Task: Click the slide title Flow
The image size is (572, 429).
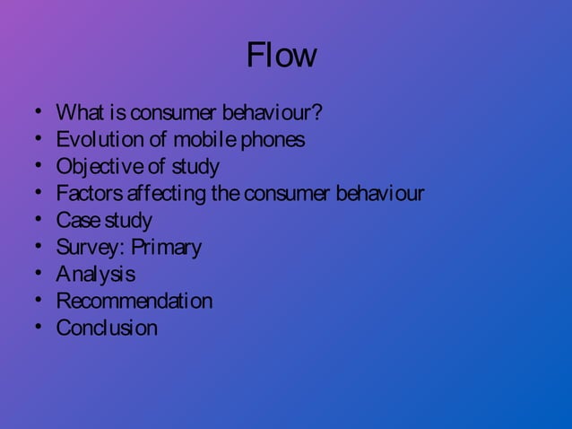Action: tap(281, 56)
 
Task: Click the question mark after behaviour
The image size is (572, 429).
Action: tap(316, 114)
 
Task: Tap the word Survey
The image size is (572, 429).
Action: tap(86, 248)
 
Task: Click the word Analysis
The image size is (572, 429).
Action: tap(95, 274)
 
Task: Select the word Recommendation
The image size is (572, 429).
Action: tap(134, 301)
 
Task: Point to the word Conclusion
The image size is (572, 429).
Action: tap(107, 328)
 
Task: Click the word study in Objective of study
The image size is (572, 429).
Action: tap(195, 167)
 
